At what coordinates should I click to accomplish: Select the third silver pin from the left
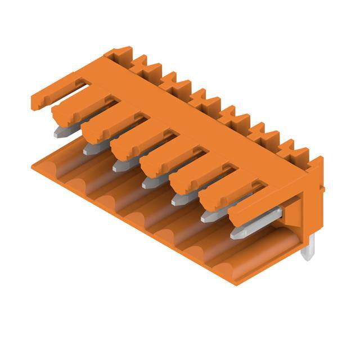click(121, 165)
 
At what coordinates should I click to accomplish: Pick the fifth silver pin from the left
click(180, 199)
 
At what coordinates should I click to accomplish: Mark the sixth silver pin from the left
click(209, 215)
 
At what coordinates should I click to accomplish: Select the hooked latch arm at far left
click(56, 92)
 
